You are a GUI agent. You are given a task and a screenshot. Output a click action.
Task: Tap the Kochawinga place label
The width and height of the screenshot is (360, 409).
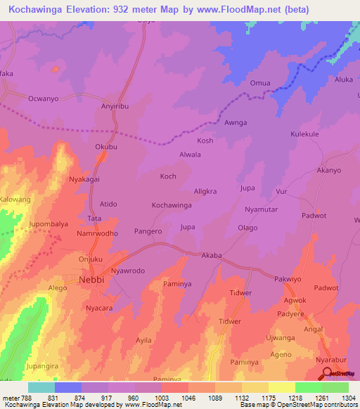point(172,205)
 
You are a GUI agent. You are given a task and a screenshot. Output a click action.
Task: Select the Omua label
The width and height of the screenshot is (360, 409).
point(260,83)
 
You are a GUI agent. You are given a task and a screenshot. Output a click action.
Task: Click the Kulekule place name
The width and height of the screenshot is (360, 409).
point(305,134)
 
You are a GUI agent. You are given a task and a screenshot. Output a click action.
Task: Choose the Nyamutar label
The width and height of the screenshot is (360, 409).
point(263,210)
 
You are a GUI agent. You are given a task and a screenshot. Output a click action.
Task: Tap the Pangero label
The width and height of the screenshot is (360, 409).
point(148,231)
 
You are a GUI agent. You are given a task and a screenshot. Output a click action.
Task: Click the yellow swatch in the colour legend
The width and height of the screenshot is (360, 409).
point(281,387)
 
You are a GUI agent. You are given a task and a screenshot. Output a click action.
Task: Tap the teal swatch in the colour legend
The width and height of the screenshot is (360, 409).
point(41,387)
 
